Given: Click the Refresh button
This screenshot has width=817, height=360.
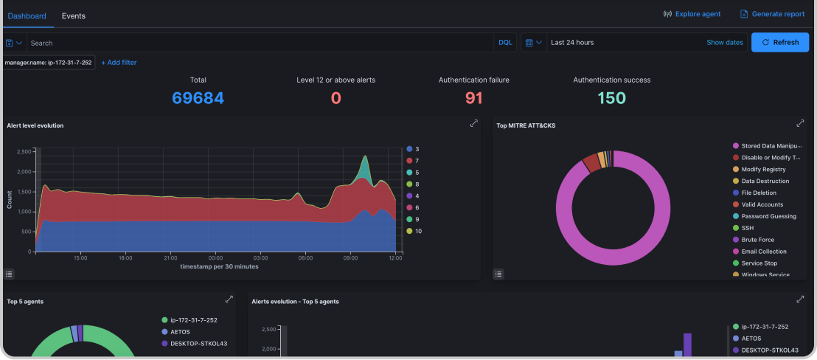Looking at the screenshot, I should [779, 42].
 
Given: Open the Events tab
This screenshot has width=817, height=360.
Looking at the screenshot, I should [73, 15].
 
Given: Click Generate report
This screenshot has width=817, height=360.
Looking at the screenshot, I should [772, 14].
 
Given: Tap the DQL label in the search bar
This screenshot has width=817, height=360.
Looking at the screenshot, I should [505, 43].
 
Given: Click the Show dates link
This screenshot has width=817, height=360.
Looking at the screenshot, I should [724, 43].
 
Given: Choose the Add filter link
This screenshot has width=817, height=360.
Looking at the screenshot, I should [119, 63].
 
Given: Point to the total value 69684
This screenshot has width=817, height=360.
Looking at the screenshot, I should [198, 98].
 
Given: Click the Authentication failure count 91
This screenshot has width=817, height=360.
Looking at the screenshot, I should [473, 98].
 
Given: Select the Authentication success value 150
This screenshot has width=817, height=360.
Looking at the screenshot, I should [611, 98].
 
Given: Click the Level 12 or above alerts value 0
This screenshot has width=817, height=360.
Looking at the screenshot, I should [336, 98].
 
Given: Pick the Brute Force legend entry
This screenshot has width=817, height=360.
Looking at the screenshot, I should [758, 240].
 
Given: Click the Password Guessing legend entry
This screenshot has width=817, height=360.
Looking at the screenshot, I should [768, 216].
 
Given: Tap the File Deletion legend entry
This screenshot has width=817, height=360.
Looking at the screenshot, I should [759, 193].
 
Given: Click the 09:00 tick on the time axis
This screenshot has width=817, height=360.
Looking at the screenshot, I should [350, 258].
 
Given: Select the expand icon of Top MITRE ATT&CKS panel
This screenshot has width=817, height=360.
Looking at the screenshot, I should [800, 124].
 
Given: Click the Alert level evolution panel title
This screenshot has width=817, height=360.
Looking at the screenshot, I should [35, 125].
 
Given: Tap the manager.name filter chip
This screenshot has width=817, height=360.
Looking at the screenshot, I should [48, 63].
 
